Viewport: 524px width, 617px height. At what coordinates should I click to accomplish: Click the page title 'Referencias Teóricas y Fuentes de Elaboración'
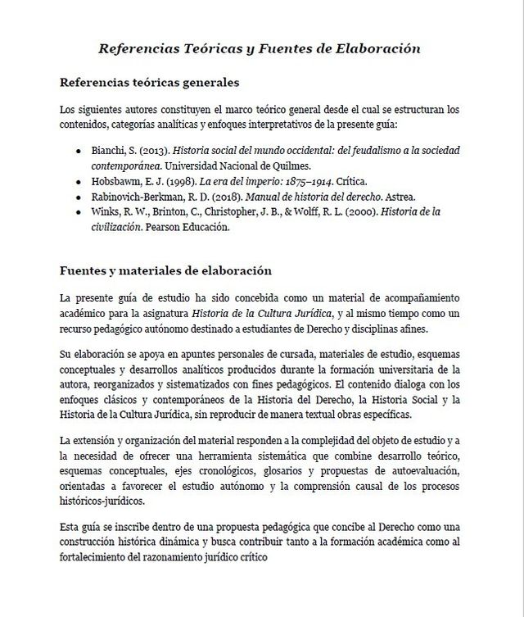[260, 48]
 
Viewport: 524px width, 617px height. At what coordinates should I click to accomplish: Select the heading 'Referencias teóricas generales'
[150, 83]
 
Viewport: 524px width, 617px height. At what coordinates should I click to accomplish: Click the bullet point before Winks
[78, 212]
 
